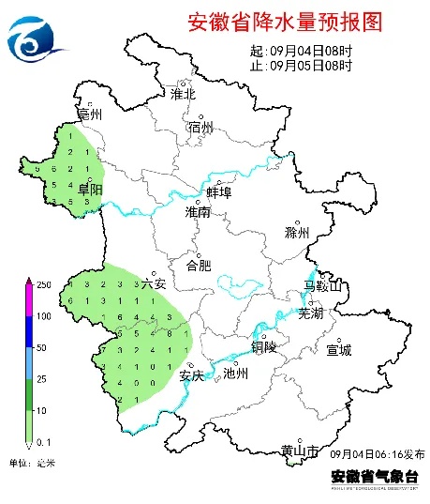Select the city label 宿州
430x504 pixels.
click(200, 128)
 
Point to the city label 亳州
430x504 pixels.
click(90, 115)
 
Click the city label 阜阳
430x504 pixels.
click(90, 190)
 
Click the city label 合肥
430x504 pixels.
click(199, 265)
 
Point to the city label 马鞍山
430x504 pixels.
click(324, 285)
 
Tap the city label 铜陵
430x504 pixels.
click(264, 346)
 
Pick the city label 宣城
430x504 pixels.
click(338, 350)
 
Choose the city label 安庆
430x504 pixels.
click(191, 375)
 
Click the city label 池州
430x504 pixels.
click(236, 373)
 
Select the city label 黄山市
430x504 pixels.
click(301, 451)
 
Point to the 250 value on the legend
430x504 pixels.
click(43, 283)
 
